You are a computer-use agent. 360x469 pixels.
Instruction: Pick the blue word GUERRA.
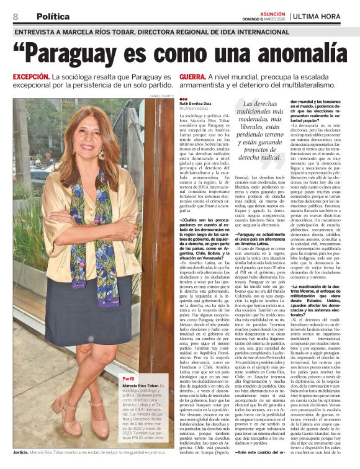click(192, 76)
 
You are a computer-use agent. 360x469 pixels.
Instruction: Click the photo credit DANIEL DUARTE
click(162, 96)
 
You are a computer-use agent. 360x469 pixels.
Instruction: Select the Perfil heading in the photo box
click(128, 378)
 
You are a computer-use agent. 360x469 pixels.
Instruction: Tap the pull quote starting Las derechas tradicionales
click(254, 131)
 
